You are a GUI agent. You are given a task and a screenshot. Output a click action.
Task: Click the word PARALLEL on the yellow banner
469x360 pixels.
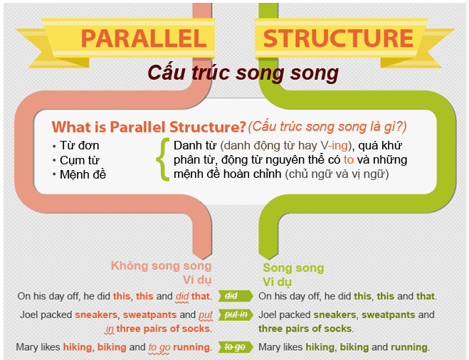pos(144,38)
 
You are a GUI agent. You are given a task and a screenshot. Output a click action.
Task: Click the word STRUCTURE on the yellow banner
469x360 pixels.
pos(338,38)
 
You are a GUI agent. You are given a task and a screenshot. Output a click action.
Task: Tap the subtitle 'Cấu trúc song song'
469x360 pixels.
pos(243,73)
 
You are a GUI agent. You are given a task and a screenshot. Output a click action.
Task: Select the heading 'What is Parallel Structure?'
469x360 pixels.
pos(149,127)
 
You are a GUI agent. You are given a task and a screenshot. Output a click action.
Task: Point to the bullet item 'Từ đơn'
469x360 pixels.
pos(80,145)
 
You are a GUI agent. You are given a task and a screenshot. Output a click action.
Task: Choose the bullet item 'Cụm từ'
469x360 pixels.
pos(80,161)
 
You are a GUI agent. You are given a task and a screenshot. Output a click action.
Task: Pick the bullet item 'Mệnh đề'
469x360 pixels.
pos(83,174)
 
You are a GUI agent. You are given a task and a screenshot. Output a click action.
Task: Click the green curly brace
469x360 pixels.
pos(162,159)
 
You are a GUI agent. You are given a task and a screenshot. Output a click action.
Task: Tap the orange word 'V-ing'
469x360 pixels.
pos(334,146)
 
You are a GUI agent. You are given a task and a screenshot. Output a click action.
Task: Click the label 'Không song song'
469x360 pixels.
pos(162,265)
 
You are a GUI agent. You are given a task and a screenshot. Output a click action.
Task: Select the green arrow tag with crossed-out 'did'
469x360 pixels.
pos(236,296)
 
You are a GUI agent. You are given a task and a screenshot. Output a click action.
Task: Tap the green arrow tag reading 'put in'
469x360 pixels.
pos(236,315)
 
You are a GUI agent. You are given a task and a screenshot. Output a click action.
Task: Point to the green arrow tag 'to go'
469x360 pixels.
pos(236,347)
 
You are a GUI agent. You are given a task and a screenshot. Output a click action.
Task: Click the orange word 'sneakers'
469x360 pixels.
pos(96,315)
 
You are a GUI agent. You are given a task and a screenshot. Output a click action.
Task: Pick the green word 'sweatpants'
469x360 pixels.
pos(389,315)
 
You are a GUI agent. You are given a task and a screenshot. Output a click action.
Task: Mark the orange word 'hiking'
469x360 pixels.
pos(78,347)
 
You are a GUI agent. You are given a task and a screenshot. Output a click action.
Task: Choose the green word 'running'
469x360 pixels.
pos(409,347)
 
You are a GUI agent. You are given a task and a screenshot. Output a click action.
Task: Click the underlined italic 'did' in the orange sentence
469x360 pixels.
pos(182,296)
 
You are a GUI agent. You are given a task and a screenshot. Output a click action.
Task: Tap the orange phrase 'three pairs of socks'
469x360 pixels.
pos(163,329)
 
